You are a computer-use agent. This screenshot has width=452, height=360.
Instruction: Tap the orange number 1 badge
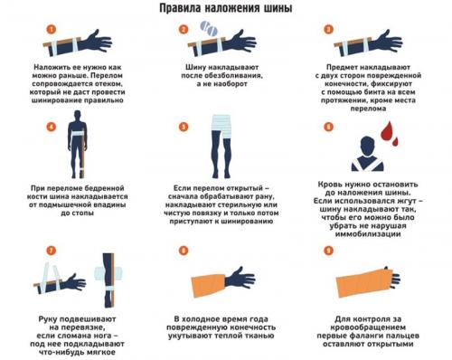pos(51,28)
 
